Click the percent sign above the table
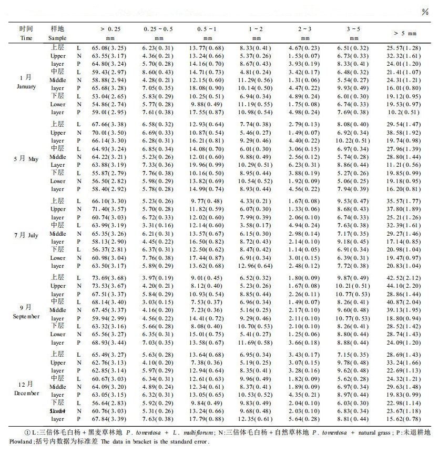(425, 12)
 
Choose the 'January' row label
(26, 86)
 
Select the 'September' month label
(26, 316)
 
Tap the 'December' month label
(26, 393)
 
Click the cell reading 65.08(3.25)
(109, 48)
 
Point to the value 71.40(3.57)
(109, 209)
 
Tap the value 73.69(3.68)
(109, 277)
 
